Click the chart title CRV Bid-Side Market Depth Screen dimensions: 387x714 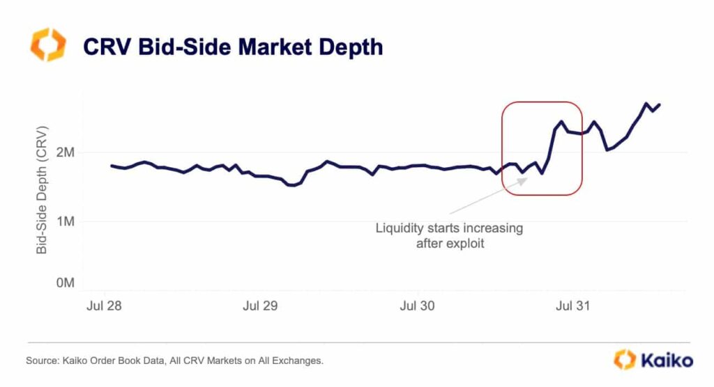point(233,47)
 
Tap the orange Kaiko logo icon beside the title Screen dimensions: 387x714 point(48,45)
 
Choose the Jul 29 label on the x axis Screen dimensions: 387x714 point(260,306)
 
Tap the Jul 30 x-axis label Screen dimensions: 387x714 point(418,306)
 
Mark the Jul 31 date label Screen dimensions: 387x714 point(575,306)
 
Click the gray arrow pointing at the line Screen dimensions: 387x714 point(488,195)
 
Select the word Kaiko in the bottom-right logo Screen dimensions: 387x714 point(669,361)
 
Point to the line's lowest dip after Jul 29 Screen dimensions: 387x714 point(292,185)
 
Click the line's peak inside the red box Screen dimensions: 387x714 point(561,121)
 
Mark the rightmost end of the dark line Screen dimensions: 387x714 point(660,104)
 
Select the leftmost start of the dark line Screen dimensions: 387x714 point(112,166)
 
